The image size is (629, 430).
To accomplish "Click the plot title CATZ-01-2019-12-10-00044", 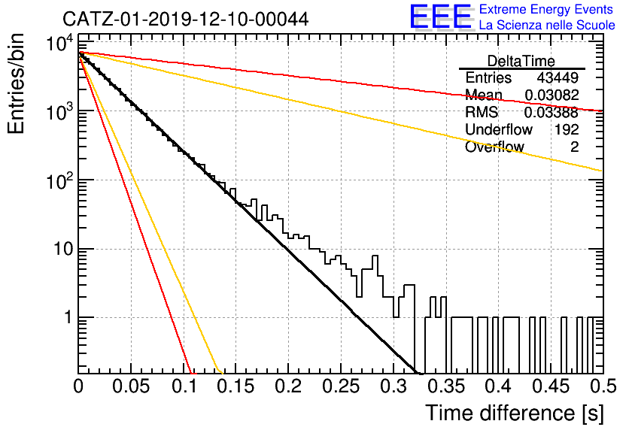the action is [x=186, y=19].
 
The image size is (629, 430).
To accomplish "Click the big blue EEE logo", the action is [x=440, y=17].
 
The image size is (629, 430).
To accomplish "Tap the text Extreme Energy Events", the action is [x=546, y=9].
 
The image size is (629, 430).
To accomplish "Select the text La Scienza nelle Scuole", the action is [x=547, y=26].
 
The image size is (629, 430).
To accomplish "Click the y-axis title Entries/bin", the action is [x=16, y=83].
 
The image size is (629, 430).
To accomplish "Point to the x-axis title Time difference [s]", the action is [x=515, y=413].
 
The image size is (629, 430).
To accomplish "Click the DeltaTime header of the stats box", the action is [x=521, y=61].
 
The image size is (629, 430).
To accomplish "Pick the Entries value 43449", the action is [x=558, y=77].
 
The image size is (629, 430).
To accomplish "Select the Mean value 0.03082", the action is [x=552, y=95].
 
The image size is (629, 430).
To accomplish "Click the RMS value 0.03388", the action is [x=552, y=113].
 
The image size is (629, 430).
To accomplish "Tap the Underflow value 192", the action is [x=567, y=129].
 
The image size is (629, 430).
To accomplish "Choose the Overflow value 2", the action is [x=574, y=147].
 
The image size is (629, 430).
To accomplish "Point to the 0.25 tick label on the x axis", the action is [x=340, y=386].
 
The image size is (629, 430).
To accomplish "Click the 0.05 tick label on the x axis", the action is [x=131, y=386].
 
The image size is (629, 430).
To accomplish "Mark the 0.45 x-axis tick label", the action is [x=552, y=386].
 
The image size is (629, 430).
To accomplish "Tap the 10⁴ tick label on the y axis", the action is [x=59, y=43].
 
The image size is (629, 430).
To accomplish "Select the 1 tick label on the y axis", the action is [x=68, y=318].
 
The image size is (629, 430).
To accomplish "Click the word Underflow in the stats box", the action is [x=499, y=129].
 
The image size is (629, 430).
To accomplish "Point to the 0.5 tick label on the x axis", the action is [x=603, y=386].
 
